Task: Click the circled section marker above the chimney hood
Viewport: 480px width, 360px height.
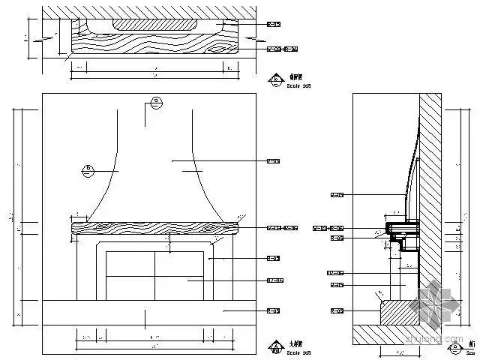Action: point(155,102)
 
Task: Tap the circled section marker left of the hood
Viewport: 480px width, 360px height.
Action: point(88,169)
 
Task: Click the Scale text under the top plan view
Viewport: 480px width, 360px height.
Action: point(298,86)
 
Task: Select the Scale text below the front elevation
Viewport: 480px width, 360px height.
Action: point(298,352)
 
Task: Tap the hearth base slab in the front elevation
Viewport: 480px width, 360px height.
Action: point(150,312)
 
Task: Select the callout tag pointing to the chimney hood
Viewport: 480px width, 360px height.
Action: point(273,160)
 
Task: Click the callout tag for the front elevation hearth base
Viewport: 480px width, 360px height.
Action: point(273,310)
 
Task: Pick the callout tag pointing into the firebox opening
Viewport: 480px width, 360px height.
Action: point(273,280)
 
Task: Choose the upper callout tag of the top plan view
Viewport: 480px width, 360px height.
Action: point(273,25)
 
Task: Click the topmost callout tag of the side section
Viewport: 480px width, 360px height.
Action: point(337,195)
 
